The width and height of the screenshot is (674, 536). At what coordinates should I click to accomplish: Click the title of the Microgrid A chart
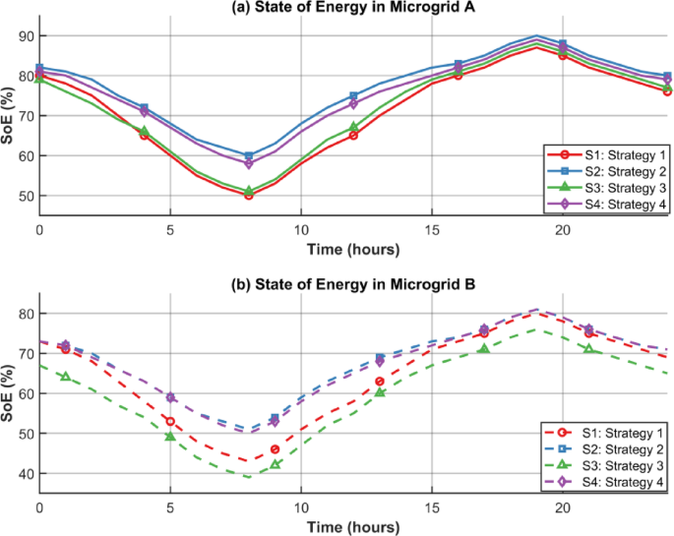(353, 8)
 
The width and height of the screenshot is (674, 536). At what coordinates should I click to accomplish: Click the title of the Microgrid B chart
(353, 286)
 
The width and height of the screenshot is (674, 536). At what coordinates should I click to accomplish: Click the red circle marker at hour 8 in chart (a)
(249, 195)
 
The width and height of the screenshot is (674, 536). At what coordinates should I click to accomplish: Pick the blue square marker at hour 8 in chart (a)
(249, 155)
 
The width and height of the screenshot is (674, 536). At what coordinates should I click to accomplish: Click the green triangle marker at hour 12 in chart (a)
(353, 128)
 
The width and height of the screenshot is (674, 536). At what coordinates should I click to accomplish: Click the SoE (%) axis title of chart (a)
(8, 115)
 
